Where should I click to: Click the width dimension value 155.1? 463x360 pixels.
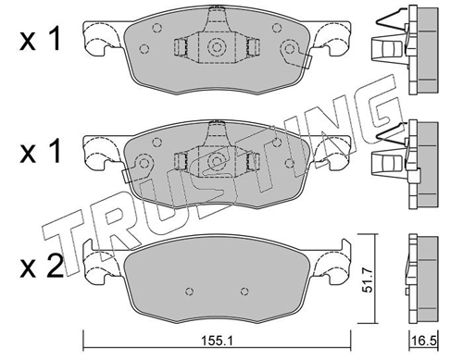coord(217,341)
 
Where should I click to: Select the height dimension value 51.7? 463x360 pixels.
coord(368,280)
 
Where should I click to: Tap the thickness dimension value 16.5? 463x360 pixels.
coord(425,341)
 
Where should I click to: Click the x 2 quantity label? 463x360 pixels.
coord(42,267)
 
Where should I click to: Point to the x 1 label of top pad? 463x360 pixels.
coord(40,40)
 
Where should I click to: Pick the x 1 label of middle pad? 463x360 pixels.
coord(40,153)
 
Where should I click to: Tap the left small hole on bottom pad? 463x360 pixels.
coord(190,291)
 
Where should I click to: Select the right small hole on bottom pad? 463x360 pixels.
coord(244,291)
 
